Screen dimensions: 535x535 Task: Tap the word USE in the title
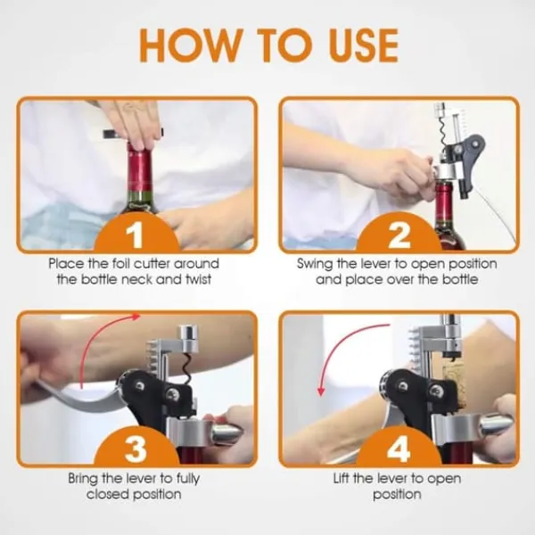click(x=364, y=45)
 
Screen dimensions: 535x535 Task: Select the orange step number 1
click(x=136, y=235)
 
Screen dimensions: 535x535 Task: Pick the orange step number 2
click(x=399, y=235)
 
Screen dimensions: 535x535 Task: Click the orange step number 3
click(x=136, y=448)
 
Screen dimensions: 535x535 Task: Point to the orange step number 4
click(x=399, y=448)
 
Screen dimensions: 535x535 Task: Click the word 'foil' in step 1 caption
click(x=120, y=263)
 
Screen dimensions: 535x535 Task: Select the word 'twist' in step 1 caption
click(x=198, y=279)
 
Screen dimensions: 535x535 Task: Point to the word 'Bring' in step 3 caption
click(x=83, y=478)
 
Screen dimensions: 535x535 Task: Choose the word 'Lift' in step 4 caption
click(x=342, y=478)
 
